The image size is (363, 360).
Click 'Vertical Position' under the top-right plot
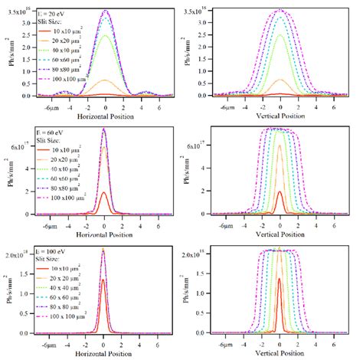coord(280,117)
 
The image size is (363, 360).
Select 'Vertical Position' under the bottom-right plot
coord(280,354)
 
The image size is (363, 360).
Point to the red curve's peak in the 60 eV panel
coord(104,192)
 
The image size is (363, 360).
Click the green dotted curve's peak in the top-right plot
coord(280,34)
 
